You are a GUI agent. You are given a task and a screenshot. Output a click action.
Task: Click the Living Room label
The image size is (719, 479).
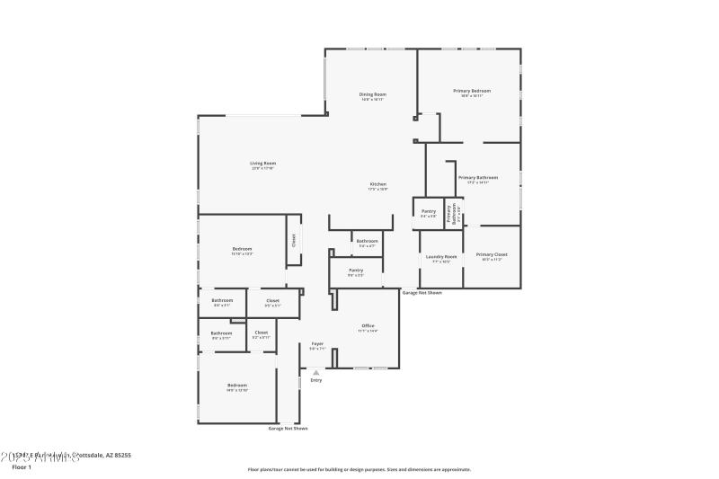pyautogui.click(x=263, y=164)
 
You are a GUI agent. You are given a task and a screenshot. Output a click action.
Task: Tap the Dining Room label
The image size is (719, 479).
pyautogui.click(x=373, y=94)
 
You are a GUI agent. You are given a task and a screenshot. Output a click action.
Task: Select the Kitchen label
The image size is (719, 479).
pyautogui.click(x=377, y=184)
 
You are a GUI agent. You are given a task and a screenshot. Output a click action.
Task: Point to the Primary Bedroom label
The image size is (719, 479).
pyautogui.click(x=472, y=91)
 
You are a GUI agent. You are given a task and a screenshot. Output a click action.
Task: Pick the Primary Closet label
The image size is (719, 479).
pyautogui.click(x=492, y=254)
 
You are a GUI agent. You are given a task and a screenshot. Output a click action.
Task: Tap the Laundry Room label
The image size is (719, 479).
pyautogui.click(x=441, y=256)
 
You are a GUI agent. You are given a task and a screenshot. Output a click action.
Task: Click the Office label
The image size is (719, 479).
pyautogui.click(x=368, y=325)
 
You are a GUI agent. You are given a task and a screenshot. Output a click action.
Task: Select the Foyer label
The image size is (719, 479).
pyautogui.click(x=317, y=343)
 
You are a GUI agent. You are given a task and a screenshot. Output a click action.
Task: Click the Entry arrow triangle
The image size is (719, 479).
pyautogui.click(x=315, y=372)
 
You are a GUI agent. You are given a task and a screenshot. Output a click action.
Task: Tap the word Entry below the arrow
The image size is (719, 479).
pyautogui.click(x=316, y=380)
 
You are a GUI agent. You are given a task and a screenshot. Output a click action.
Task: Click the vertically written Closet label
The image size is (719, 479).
pyautogui.click(x=293, y=240)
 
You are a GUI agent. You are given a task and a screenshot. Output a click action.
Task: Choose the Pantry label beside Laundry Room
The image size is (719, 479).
pyautogui.click(x=429, y=211)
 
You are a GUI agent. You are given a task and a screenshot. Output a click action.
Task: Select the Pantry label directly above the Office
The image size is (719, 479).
pyautogui.click(x=356, y=270)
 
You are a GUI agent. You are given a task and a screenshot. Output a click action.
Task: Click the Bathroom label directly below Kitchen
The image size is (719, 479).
pyautogui.click(x=367, y=241)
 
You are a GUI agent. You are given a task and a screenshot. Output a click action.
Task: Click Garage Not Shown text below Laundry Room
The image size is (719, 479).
pyautogui.click(x=422, y=293)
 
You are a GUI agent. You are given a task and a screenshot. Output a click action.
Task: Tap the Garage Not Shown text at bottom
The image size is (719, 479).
pyautogui.click(x=288, y=429)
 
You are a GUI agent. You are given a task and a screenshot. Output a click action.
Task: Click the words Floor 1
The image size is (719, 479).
pyautogui.click(x=21, y=467)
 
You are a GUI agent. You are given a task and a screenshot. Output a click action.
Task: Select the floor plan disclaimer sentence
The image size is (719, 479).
pyautogui.click(x=359, y=469)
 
